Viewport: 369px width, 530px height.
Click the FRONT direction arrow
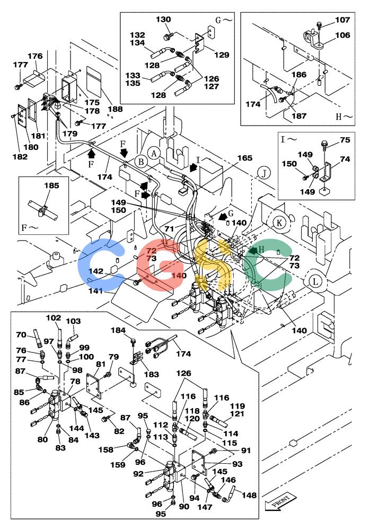pyautogui.click(x=280, y=501)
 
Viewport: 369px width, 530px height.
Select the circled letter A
pyautogui.click(x=154, y=154)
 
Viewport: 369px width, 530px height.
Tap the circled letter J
pyautogui.click(x=264, y=173)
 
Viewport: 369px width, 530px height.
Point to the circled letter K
pyautogui.click(x=279, y=223)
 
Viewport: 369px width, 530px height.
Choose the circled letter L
pyautogui.click(x=315, y=281)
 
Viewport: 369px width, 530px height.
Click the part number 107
pyautogui.click(x=342, y=20)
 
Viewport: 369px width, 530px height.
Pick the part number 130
pyautogui.click(x=163, y=20)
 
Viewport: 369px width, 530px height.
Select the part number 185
pyautogui.click(x=51, y=185)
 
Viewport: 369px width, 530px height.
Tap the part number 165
pyautogui.click(x=244, y=158)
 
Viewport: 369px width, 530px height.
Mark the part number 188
pyautogui.click(x=116, y=109)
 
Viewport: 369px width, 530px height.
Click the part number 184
pyautogui.click(x=118, y=330)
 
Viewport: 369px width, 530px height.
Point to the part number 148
pyautogui.click(x=249, y=495)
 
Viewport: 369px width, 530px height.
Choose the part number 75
pyautogui.click(x=345, y=139)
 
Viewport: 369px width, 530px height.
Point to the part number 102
pyautogui.click(x=54, y=317)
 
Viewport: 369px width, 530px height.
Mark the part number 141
pyautogui.click(x=96, y=290)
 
